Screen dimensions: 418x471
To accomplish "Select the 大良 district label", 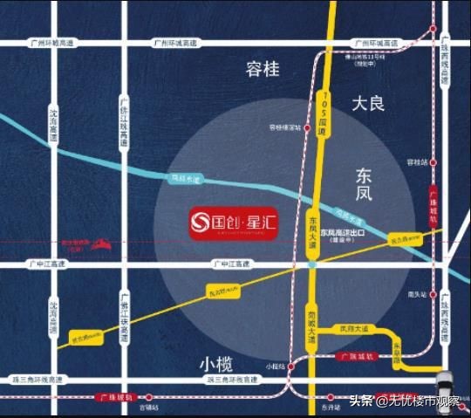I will (368, 104).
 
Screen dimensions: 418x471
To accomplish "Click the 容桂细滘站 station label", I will (284, 127).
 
